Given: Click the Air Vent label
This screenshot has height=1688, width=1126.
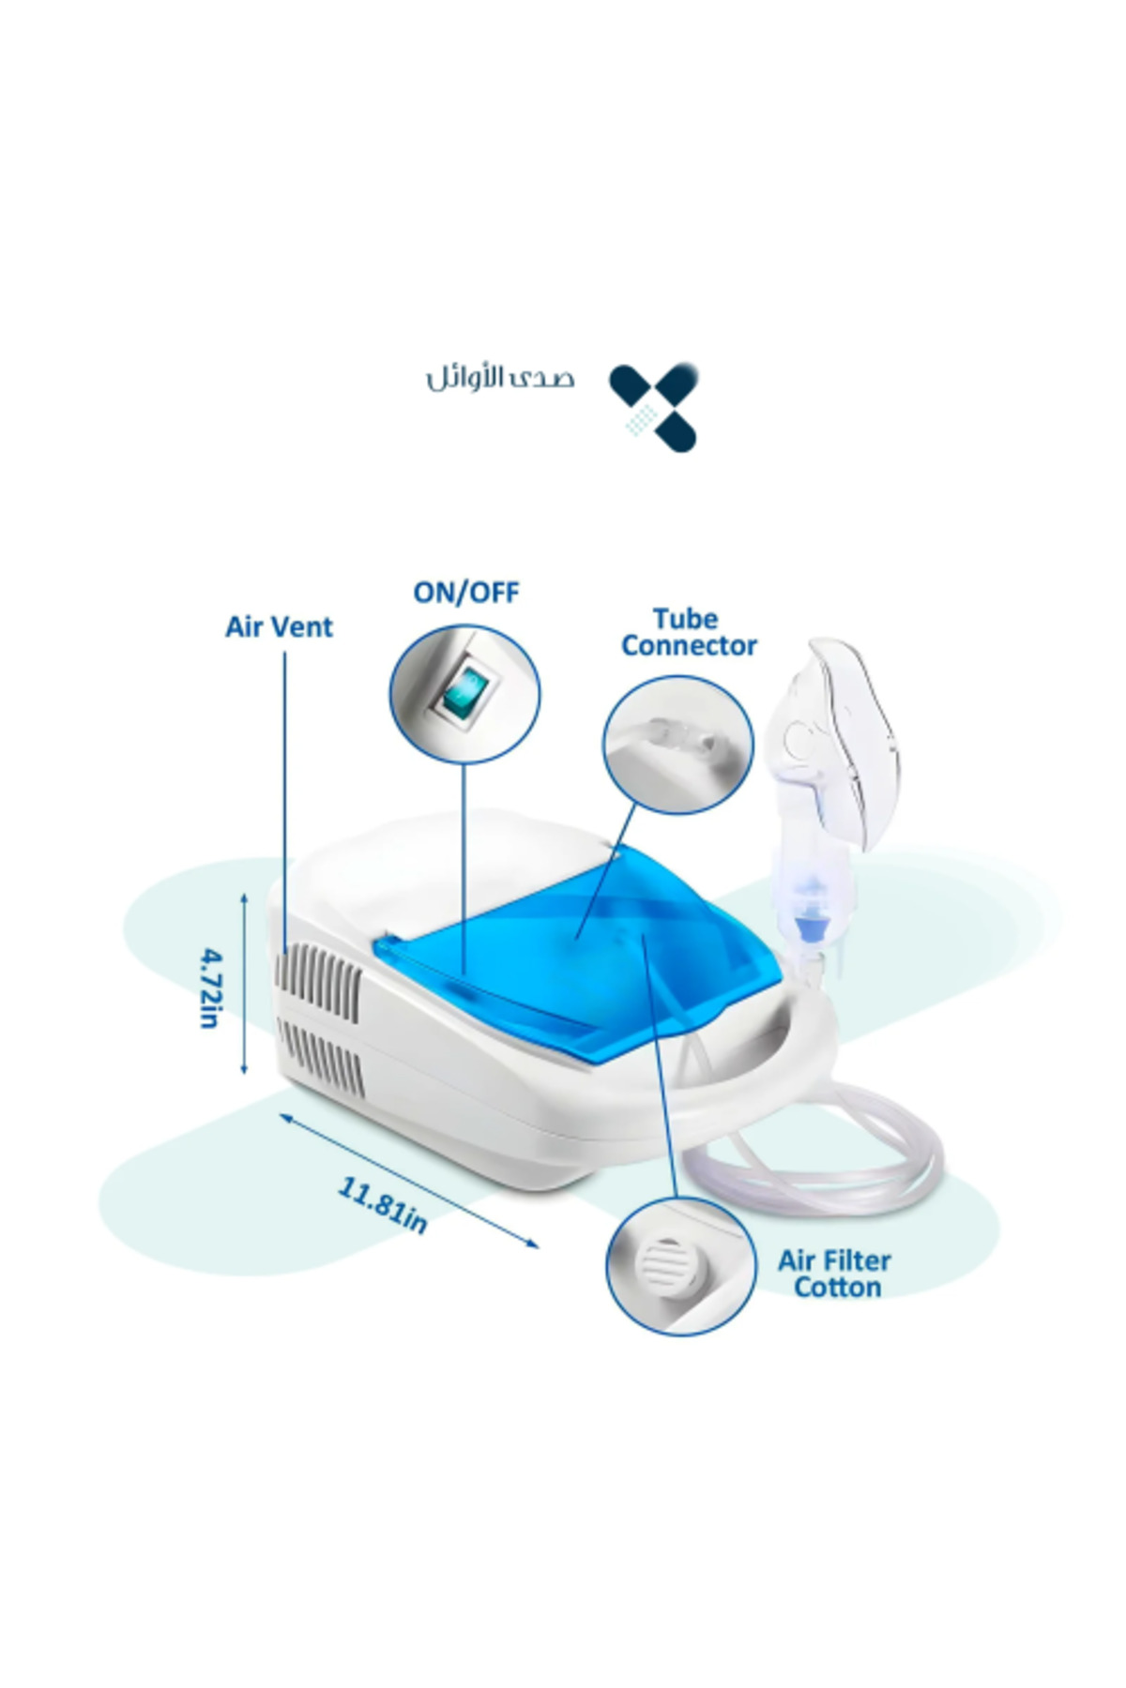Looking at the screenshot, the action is tap(279, 627).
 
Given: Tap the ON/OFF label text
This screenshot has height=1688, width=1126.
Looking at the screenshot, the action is tap(466, 593).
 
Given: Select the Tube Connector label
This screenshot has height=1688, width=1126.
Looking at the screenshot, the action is tap(689, 632).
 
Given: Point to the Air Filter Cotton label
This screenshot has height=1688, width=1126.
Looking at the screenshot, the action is tap(834, 1274).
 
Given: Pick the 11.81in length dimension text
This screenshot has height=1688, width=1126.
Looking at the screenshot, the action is tap(383, 1204).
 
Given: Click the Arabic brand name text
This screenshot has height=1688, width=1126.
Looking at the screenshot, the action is tap(500, 379).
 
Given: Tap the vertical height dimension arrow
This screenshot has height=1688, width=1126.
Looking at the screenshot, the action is tap(245, 983).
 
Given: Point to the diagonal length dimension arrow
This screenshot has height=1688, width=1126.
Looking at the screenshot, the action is tap(409, 1180).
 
